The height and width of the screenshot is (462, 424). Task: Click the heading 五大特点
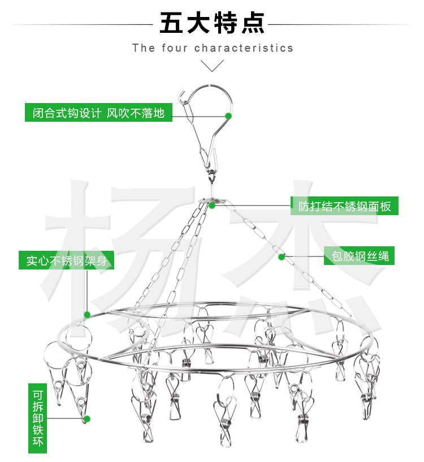212,24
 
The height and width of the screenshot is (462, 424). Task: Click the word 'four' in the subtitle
175,48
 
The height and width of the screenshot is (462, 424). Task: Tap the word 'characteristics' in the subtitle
244,48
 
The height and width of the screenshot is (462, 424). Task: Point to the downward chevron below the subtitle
213,66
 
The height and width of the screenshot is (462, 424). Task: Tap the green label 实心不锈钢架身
66,261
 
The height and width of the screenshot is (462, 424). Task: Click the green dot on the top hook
228,115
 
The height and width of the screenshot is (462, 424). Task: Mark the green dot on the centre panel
212,206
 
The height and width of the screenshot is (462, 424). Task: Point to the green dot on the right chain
281,257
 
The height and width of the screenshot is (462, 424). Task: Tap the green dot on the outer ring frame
87,314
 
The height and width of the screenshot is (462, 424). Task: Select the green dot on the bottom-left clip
86,419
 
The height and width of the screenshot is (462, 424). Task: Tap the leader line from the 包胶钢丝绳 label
304,256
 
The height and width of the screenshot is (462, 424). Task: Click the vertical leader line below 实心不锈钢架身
86,289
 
